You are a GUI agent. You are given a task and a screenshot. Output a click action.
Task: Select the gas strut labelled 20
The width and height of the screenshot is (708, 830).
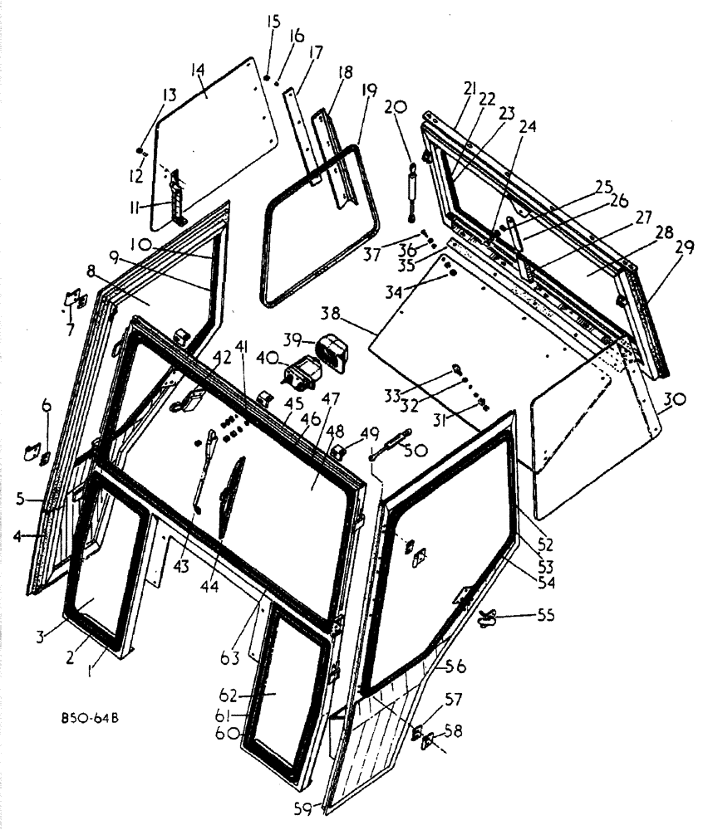point(410,192)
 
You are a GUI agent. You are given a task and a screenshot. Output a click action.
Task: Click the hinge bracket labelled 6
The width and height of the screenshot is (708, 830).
point(34,452)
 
